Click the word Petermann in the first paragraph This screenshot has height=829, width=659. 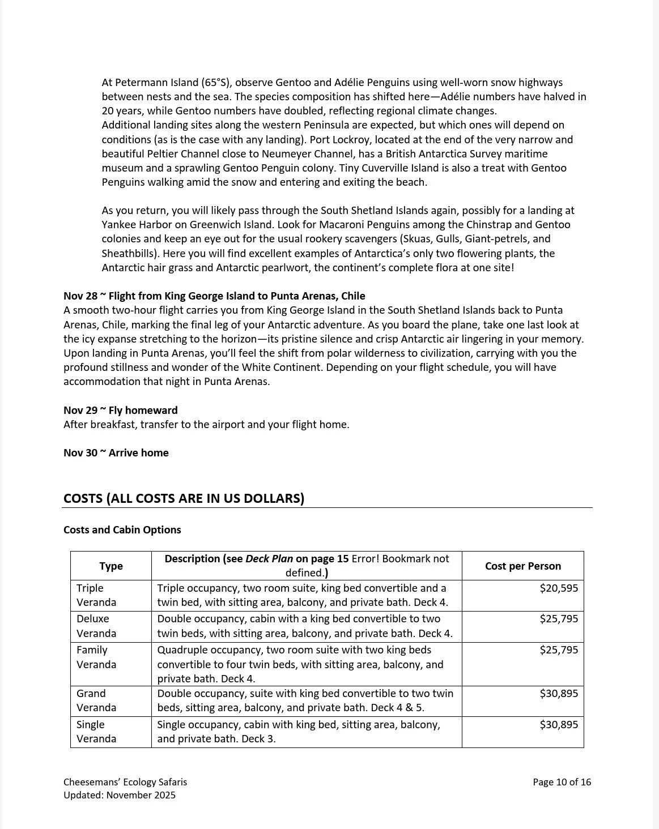coord(139,83)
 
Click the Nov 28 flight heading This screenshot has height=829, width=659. coord(214,296)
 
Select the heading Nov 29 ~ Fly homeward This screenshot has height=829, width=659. coord(120,411)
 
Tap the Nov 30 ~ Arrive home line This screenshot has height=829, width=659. coord(116,453)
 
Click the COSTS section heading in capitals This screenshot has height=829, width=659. coord(184,499)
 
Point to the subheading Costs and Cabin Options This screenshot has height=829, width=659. coord(122,530)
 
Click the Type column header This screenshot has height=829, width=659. coord(111,566)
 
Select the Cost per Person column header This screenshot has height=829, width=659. coord(522,566)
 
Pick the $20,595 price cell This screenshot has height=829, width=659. coord(559,588)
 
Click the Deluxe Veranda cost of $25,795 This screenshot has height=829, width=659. coord(559,619)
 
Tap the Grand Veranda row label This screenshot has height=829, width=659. coord(96,700)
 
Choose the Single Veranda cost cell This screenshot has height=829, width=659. coord(559,725)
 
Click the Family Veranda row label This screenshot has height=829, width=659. coord(96,657)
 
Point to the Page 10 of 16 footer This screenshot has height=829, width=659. coord(562,782)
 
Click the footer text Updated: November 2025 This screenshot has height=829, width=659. coord(120,795)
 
